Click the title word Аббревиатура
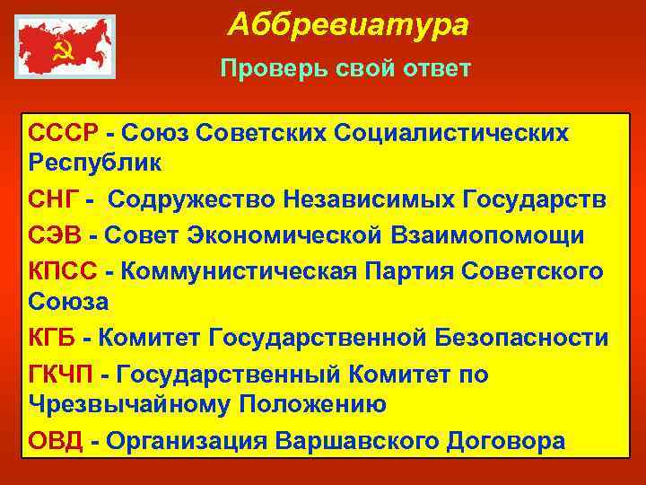[x=347, y=25]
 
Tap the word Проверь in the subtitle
[x=261, y=70]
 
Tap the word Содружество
[x=190, y=199]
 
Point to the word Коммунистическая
[x=236, y=269]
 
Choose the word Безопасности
[x=522, y=338]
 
